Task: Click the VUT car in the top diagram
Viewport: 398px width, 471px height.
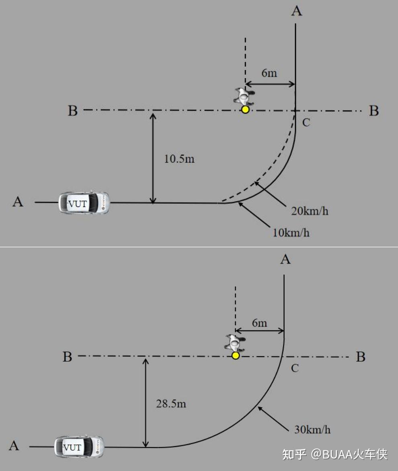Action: (84, 203)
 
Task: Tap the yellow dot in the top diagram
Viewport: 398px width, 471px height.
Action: (245, 110)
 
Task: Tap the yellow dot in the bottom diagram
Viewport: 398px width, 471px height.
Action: (236, 356)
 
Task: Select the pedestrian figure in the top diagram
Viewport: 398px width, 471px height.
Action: (244, 96)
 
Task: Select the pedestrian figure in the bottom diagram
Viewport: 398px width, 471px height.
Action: (235, 343)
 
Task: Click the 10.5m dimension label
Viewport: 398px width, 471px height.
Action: (179, 159)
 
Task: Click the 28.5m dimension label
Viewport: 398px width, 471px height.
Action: (171, 404)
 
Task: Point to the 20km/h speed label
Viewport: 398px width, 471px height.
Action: (310, 211)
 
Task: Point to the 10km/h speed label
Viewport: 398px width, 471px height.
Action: (291, 233)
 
